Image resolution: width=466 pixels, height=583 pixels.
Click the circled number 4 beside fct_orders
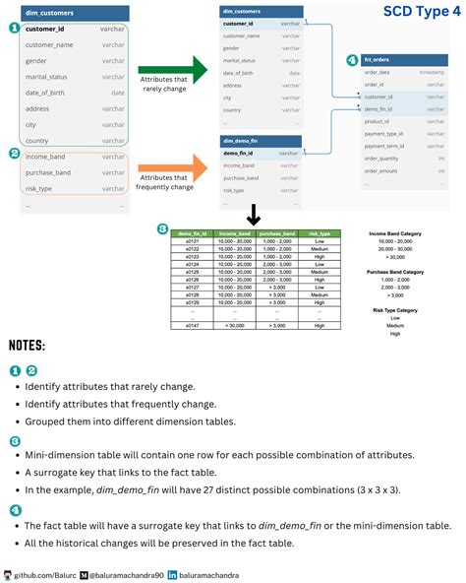pyautogui.click(x=352, y=60)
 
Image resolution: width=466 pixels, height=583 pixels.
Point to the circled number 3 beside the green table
pyautogui.click(x=162, y=229)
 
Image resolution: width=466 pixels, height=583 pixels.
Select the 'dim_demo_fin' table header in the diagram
pyautogui.click(x=241, y=142)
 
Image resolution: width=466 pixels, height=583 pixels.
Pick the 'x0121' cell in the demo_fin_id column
pyautogui.click(x=193, y=241)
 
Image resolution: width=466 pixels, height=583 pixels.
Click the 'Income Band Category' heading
pyautogui.click(x=395, y=233)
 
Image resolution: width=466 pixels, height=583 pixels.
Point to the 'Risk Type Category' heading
pyautogui.click(x=395, y=310)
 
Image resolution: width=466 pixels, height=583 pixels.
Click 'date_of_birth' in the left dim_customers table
pyautogui.click(x=45, y=93)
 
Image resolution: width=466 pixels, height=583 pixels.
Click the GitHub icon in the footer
pyautogui.click(x=8, y=573)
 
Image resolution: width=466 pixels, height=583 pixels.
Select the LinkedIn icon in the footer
pyautogui.click(x=174, y=573)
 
